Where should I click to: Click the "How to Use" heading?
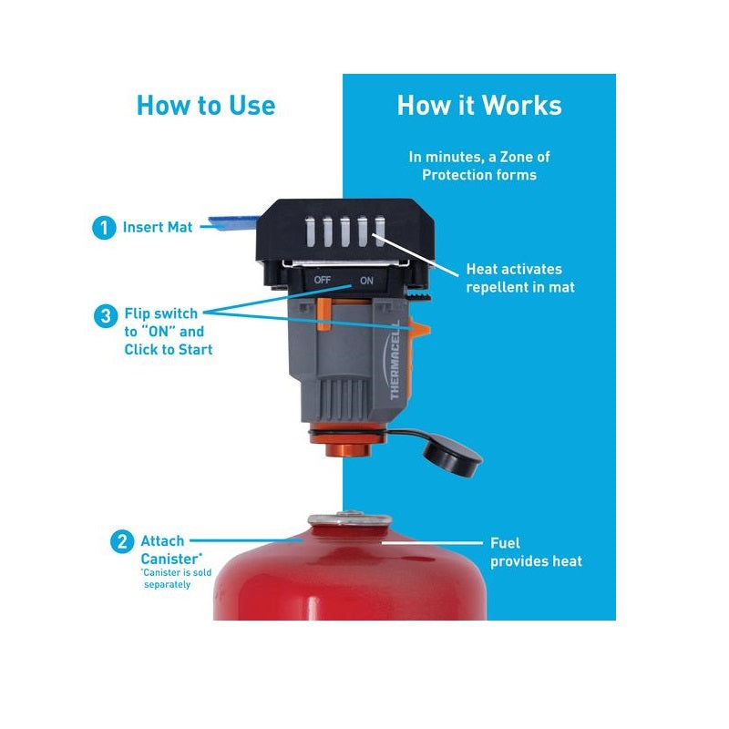point(206,105)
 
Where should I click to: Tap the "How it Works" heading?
point(479,105)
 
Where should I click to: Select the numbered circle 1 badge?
point(104,228)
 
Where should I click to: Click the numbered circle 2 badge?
point(122,541)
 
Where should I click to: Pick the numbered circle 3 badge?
point(106,315)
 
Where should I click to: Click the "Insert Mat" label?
point(158,227)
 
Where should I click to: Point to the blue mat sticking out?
point(233,223)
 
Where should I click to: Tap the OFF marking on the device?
point(323,280)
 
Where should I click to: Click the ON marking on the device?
point(366,281)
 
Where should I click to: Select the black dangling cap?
point(452,455)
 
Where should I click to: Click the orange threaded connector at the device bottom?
point(347,441)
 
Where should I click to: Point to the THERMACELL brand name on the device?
point(395,360)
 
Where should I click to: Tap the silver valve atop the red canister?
point(350,519)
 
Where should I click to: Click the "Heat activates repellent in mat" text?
point(520,278)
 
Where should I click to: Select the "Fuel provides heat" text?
point(536,552)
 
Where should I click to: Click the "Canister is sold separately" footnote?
point(177,579)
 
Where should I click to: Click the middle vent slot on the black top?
point(345,231)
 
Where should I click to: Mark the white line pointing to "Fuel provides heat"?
point(432,542)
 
